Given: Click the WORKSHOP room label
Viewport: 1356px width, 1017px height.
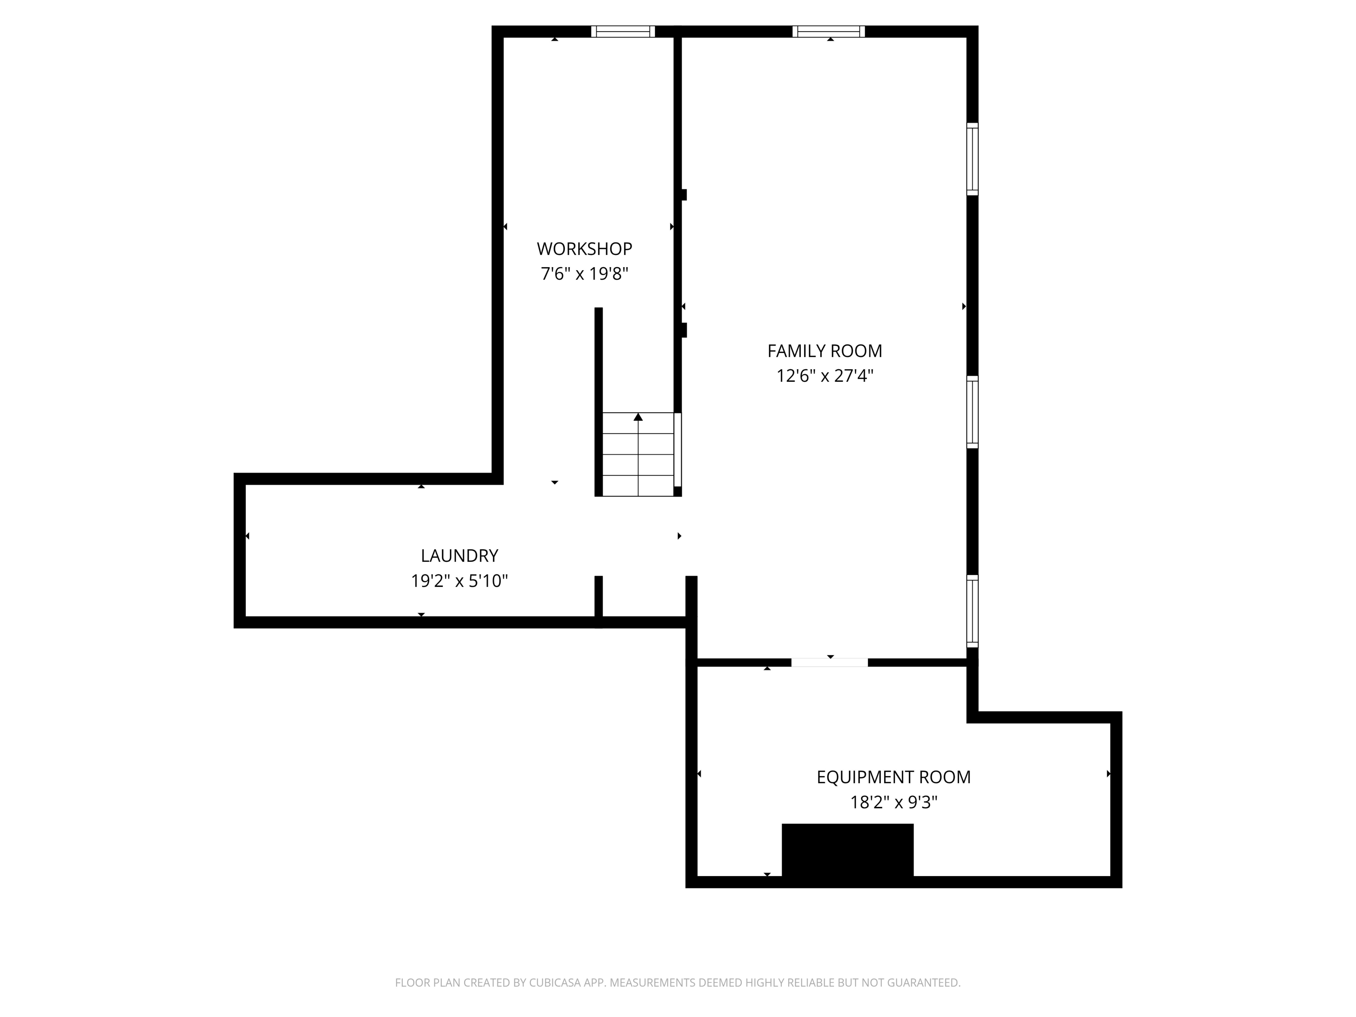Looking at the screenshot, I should [584, 249].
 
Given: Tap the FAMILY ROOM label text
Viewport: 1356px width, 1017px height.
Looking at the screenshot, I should [825, 351].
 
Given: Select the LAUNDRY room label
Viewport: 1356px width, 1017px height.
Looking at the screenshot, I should [459, 556].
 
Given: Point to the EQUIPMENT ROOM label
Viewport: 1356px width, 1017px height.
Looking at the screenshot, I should [893, 777].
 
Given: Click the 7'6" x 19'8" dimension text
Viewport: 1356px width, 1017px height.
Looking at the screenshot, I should [584, 274].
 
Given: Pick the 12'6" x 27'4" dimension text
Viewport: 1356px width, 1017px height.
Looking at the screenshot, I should [825, 376].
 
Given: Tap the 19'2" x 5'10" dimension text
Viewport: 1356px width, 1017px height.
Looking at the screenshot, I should [459, 581].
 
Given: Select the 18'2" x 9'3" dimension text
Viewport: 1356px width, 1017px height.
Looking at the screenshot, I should [893, 802].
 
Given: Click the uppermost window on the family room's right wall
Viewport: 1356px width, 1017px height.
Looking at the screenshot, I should [972, 159].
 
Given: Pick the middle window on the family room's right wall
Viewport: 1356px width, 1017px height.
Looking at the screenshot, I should [972, 412].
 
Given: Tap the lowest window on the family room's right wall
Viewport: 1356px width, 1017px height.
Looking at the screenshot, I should [972, 611].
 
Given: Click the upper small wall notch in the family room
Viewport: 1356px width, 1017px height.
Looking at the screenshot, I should [683, 195].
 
